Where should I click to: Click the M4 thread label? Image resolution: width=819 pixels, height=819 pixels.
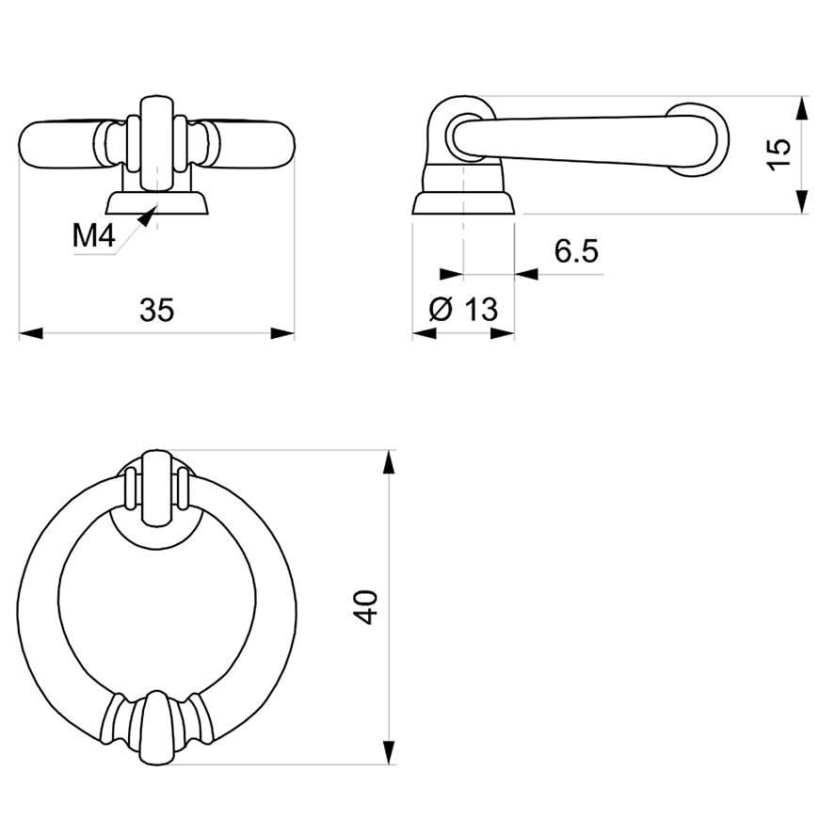point(93,235)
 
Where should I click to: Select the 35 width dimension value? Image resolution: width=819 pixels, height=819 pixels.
point(156,310)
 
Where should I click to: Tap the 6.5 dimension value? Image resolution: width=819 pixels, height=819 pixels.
point(576,250)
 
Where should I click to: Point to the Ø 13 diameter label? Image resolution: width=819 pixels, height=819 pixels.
point(463,309)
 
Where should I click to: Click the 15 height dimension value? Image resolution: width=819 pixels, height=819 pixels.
point(779,154)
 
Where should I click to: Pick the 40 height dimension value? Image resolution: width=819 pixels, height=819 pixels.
point(365,607)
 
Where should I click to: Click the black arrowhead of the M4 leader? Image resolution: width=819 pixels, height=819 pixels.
point(147,217)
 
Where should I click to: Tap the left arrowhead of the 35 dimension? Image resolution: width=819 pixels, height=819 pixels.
point(31,333)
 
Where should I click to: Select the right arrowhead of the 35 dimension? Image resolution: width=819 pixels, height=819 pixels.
point(282,333)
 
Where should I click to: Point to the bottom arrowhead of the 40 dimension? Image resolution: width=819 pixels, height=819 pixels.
point(389,753)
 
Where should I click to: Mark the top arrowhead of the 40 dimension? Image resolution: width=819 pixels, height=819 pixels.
point(389,462)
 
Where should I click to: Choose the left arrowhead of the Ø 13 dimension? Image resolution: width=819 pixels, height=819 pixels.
point(425,333)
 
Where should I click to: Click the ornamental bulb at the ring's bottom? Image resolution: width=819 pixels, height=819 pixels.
point(156,728)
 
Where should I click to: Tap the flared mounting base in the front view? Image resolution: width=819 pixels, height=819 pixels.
point(156,202)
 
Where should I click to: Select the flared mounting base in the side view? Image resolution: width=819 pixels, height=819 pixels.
point(463,202)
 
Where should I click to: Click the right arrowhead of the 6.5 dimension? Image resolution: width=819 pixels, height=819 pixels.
point(526,274)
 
